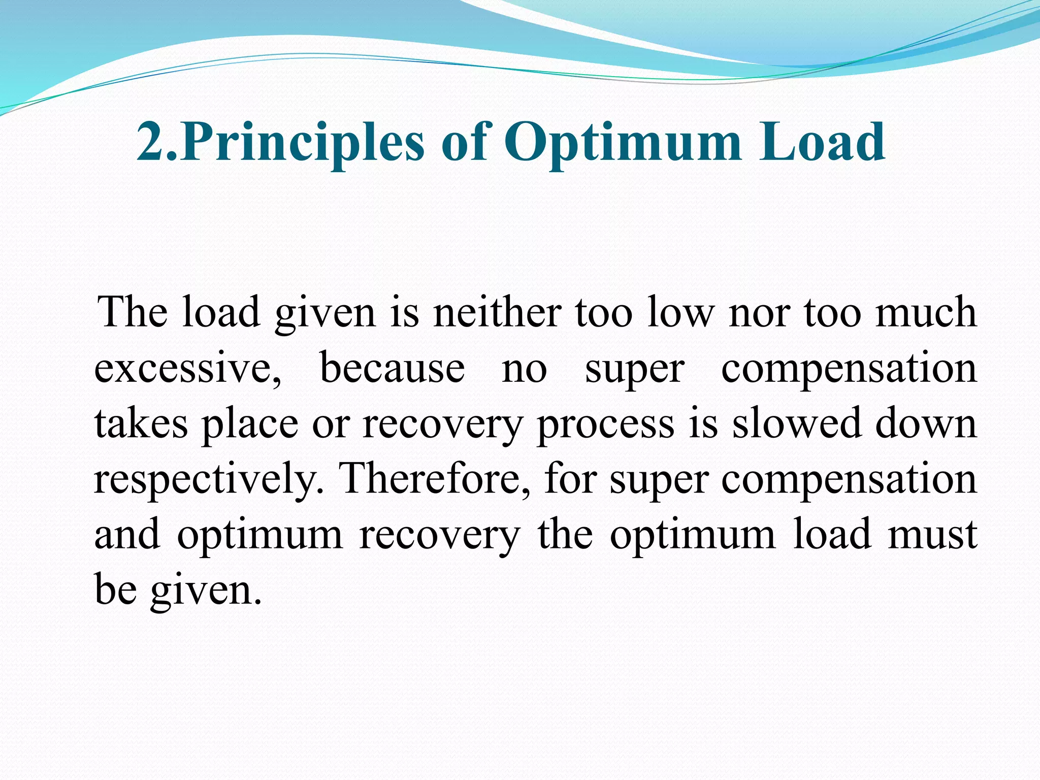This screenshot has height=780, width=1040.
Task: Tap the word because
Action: coord(393,368)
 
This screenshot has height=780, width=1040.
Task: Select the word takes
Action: coord(141,424)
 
